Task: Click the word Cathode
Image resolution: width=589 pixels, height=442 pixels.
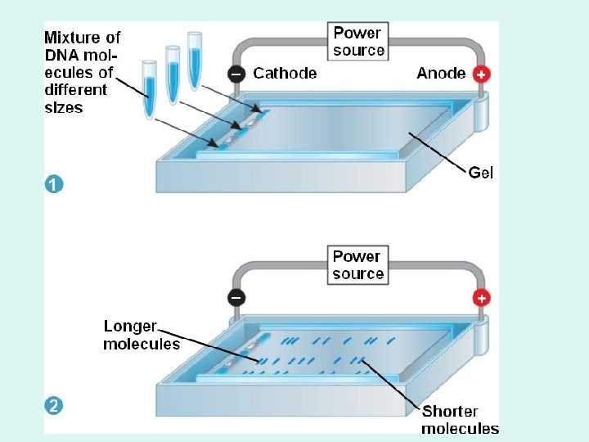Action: (x=285, y=74)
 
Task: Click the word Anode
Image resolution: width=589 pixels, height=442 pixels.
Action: (x=441, y=74)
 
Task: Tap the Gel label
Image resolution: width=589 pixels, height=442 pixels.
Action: (x=481, y=173)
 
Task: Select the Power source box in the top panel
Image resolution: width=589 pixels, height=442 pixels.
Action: (x=358, y=42)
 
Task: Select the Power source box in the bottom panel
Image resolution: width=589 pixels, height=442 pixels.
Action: (x=358, y=265)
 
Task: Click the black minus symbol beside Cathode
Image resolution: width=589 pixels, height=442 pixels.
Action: (x=236, y=74)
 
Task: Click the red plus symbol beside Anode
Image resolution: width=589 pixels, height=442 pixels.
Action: (x=482, y=74)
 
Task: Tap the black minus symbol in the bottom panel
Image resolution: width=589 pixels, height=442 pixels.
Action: (x=236, y=298)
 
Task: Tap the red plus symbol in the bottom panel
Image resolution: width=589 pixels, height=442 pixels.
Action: (x=482, y=298)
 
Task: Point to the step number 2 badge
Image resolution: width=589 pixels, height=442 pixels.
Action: (x=52, y=406)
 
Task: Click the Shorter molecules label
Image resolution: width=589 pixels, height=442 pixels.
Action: (x=460, y=420)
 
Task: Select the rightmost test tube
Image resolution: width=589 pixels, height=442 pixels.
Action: (x=195, y=58)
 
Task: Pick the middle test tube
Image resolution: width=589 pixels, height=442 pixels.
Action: (x=173, y=72)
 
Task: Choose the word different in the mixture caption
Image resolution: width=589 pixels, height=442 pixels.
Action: (x=75, y=90)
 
